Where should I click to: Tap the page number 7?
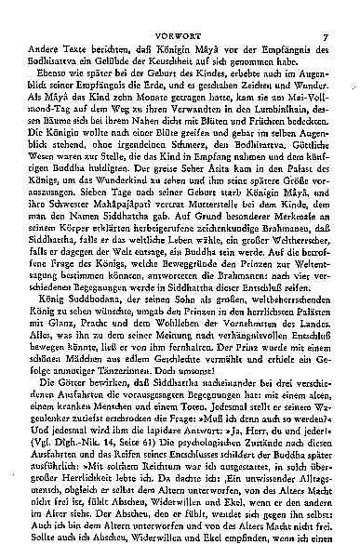tap(340, 12)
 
